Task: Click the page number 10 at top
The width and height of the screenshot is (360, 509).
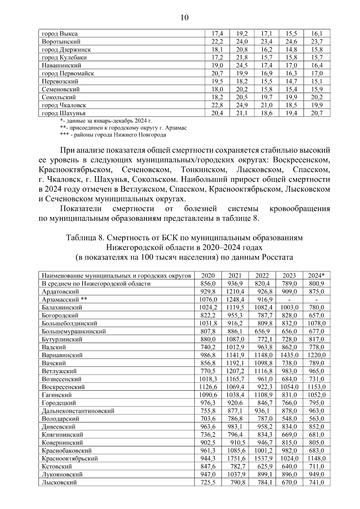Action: tap(184, 18)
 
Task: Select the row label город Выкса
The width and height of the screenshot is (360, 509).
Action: tap(60, 34)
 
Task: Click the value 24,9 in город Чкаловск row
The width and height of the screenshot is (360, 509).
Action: tap(242, 105)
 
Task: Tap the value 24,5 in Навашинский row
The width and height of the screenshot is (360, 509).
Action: tap(242, 65)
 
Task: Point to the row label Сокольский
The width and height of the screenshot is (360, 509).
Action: tap(59, 97)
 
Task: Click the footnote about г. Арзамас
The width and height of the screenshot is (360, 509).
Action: tap(123, 128)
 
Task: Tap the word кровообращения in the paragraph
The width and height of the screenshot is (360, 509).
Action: tap(300, 208)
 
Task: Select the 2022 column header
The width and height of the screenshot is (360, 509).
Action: tap(262, 275)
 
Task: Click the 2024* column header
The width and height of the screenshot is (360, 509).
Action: tap(316, 275)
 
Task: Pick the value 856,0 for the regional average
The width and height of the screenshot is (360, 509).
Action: tap(208, 284)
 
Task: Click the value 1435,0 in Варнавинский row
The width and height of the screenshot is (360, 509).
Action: tap(289, 355)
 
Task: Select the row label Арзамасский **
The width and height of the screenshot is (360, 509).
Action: tap(64, 299)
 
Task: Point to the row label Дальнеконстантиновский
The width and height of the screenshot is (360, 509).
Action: tap(78, 411)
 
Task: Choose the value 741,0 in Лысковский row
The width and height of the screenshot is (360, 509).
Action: tap(316, 482)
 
